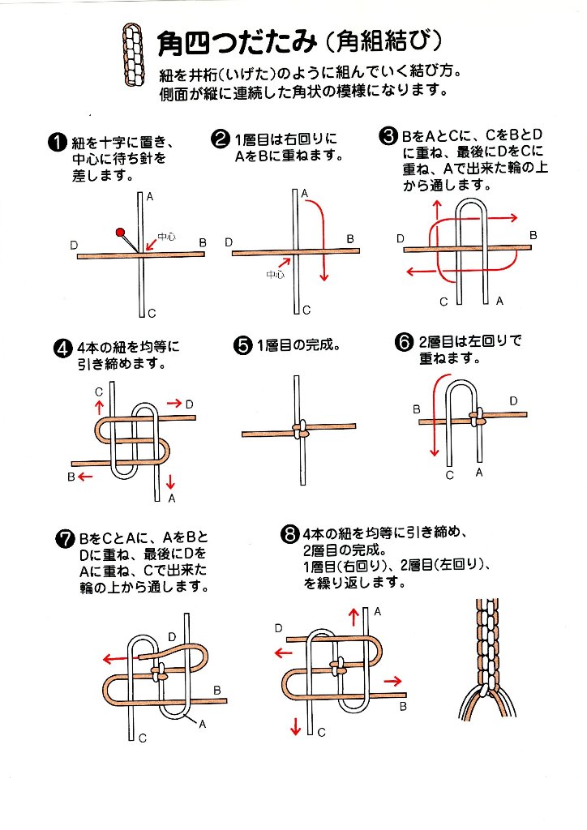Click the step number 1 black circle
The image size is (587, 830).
[57, 143]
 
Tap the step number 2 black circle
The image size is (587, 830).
[220, 139]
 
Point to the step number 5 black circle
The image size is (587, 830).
[242, 346]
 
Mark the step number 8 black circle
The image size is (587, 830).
[289, 534]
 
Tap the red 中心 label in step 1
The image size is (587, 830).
[166, 237]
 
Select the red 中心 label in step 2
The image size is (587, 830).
[274, 275]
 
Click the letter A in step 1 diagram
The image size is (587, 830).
[151, 197]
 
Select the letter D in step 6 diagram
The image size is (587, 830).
[513, 400]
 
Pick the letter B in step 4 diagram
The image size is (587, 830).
[71, 477]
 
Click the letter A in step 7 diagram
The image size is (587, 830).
[202, 724]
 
